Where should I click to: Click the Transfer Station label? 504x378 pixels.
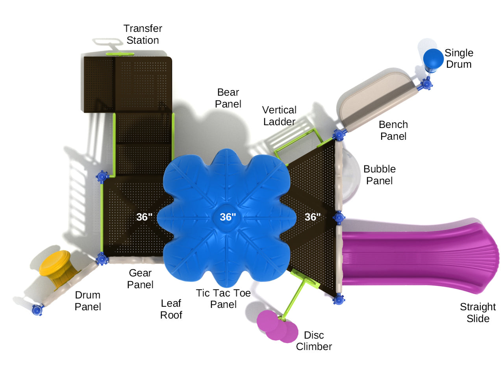point(143,34)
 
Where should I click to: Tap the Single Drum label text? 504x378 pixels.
point(459,58)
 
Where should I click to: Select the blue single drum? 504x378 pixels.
point(433,58)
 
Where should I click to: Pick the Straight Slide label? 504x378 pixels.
point(478,313)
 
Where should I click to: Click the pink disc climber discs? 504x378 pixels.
point(277,326)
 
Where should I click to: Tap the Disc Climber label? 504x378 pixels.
point(314,341)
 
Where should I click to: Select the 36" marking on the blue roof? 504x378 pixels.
point(228,217)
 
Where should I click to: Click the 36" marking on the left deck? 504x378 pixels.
point(144,217)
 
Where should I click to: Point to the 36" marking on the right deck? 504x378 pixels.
point(313,217)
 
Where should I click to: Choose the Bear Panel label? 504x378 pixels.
point(228,98)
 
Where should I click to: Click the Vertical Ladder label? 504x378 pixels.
point(279,116)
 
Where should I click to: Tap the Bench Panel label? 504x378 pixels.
point(393,130)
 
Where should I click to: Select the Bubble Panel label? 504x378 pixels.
point(379,175)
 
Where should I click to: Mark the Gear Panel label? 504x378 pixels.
point(140,279)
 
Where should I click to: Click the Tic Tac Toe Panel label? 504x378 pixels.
point(223,298)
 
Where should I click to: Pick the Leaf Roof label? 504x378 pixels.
point(171,309)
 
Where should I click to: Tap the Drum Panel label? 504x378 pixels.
point(88,301)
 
